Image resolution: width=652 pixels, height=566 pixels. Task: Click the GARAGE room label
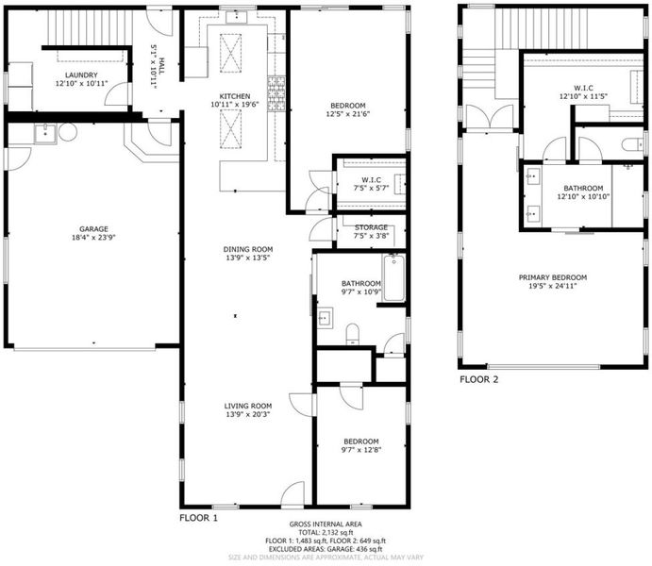[x=94, y=229]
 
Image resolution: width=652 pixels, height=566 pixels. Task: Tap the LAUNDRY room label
[x=81, y=75]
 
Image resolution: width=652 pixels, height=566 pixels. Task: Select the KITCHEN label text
[x=235, y=96]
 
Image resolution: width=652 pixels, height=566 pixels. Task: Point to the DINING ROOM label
[x=248, y=249]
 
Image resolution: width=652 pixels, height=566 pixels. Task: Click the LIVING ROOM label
[x=248, y=406]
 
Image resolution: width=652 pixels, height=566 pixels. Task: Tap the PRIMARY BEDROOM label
[x=553, y=277]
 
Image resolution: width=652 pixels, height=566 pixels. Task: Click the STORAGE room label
[x=372, y=227]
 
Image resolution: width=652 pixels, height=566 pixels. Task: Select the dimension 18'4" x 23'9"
[x=94, y=238]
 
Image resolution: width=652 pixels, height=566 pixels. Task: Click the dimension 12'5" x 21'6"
[x=348, y=114]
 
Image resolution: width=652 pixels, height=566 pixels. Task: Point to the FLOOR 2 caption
[x=478, y=379]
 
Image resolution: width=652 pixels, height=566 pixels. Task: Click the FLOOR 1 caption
[x=198, y=518]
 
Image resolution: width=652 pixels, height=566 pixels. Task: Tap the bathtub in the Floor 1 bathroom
[x=393, y=277]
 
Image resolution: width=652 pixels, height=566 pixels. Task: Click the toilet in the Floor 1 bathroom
[x=353, y=334]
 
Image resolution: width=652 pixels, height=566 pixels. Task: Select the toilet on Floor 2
[x=632, y=145]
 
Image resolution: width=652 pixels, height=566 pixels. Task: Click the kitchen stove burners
[x=276, y=94]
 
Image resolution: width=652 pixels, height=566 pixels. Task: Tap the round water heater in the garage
[x=68, y=133]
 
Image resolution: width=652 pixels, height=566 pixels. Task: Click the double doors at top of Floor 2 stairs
[x=490, y=117]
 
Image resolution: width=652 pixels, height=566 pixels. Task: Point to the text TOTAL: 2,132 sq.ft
[x=326, y=533]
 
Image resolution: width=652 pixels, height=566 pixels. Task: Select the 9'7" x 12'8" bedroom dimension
[x=361, y=450]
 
